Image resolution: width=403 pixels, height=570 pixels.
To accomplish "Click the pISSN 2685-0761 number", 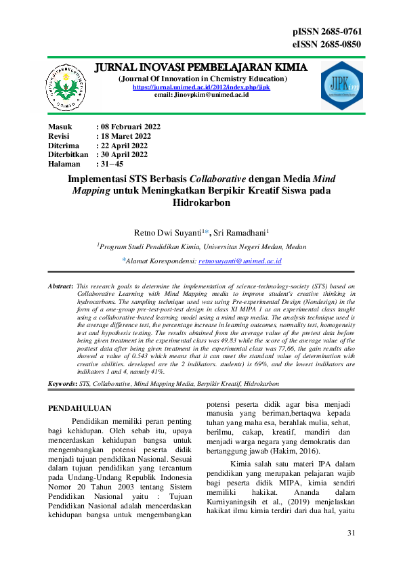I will [x=326, y=32].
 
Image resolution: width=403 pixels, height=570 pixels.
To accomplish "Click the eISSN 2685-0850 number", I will [x=326, y=45].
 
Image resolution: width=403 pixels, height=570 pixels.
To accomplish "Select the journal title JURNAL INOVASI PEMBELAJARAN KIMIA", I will [x=201, y=68].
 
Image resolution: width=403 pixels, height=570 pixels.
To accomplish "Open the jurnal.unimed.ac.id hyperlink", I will [x=201, y=87].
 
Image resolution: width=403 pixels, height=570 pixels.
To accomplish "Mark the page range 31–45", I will [x=110, y=164].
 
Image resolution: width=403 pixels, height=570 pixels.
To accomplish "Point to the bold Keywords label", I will [x=62, y=384].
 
